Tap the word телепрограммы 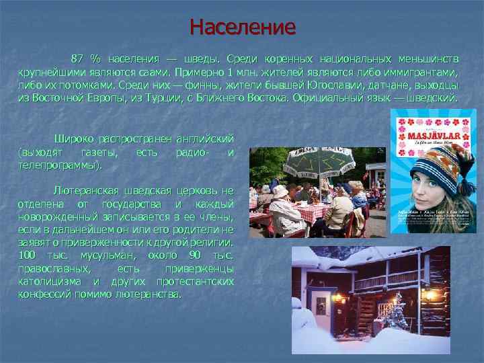pos(61,165)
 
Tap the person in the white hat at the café pos(280,193)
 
